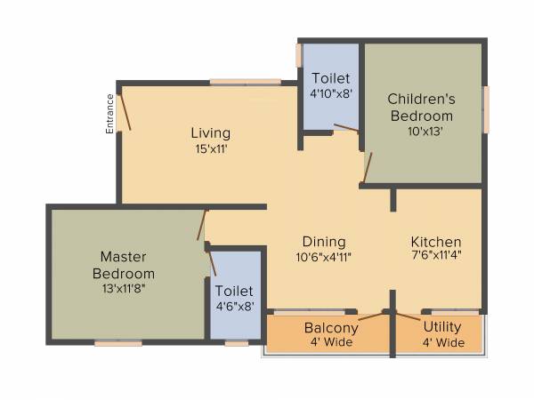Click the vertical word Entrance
click(x=110, y=114)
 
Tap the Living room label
click(x=210, y=133)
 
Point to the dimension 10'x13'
click(x=425, y=131)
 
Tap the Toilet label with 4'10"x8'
click(x=330, y=79)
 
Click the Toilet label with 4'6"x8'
click(x=235, y=291)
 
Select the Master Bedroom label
click(x=127, y=265)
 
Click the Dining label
click(x=324, y=242)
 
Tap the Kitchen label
click(x=436, y=242)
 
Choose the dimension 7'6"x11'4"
click(x=436, y=256)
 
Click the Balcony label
click(x=331, y=327)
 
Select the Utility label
click(x=442, y=327)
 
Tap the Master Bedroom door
click(x=202, y=226)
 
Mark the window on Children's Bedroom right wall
click(x=486, y=109)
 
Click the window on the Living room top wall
click(x=245, y=82)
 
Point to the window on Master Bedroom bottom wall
click(x=118, y=343)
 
